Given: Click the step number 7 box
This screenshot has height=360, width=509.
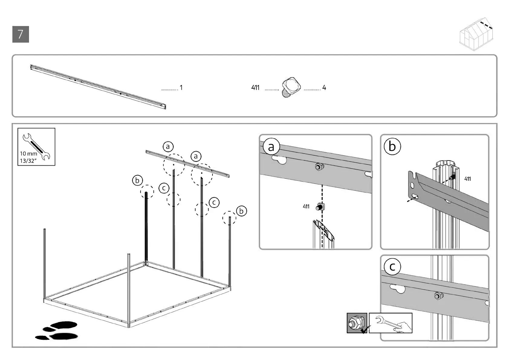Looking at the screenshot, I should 21,34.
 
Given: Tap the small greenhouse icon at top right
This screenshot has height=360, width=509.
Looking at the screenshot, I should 477,34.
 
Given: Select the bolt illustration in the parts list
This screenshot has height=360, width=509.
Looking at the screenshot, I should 291,87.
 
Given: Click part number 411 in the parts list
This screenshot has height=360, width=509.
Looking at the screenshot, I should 255,88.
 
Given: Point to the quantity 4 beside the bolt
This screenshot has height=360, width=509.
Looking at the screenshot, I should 324,88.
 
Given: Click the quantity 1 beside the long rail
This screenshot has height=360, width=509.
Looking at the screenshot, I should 181,88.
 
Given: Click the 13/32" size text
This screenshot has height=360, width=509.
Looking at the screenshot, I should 28,161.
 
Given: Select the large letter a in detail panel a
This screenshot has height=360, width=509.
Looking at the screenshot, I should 271,147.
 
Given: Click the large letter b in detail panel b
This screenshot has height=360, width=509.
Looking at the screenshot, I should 392,147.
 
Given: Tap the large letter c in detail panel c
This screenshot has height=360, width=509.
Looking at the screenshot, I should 392,267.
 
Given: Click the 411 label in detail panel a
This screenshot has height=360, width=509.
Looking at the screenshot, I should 306,206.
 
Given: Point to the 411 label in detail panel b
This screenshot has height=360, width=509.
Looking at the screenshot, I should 467,179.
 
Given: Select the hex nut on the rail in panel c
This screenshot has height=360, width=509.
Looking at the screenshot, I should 437,295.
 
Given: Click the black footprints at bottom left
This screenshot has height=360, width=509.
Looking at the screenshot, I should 57,330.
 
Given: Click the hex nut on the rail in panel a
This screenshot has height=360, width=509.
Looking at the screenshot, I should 318,166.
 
